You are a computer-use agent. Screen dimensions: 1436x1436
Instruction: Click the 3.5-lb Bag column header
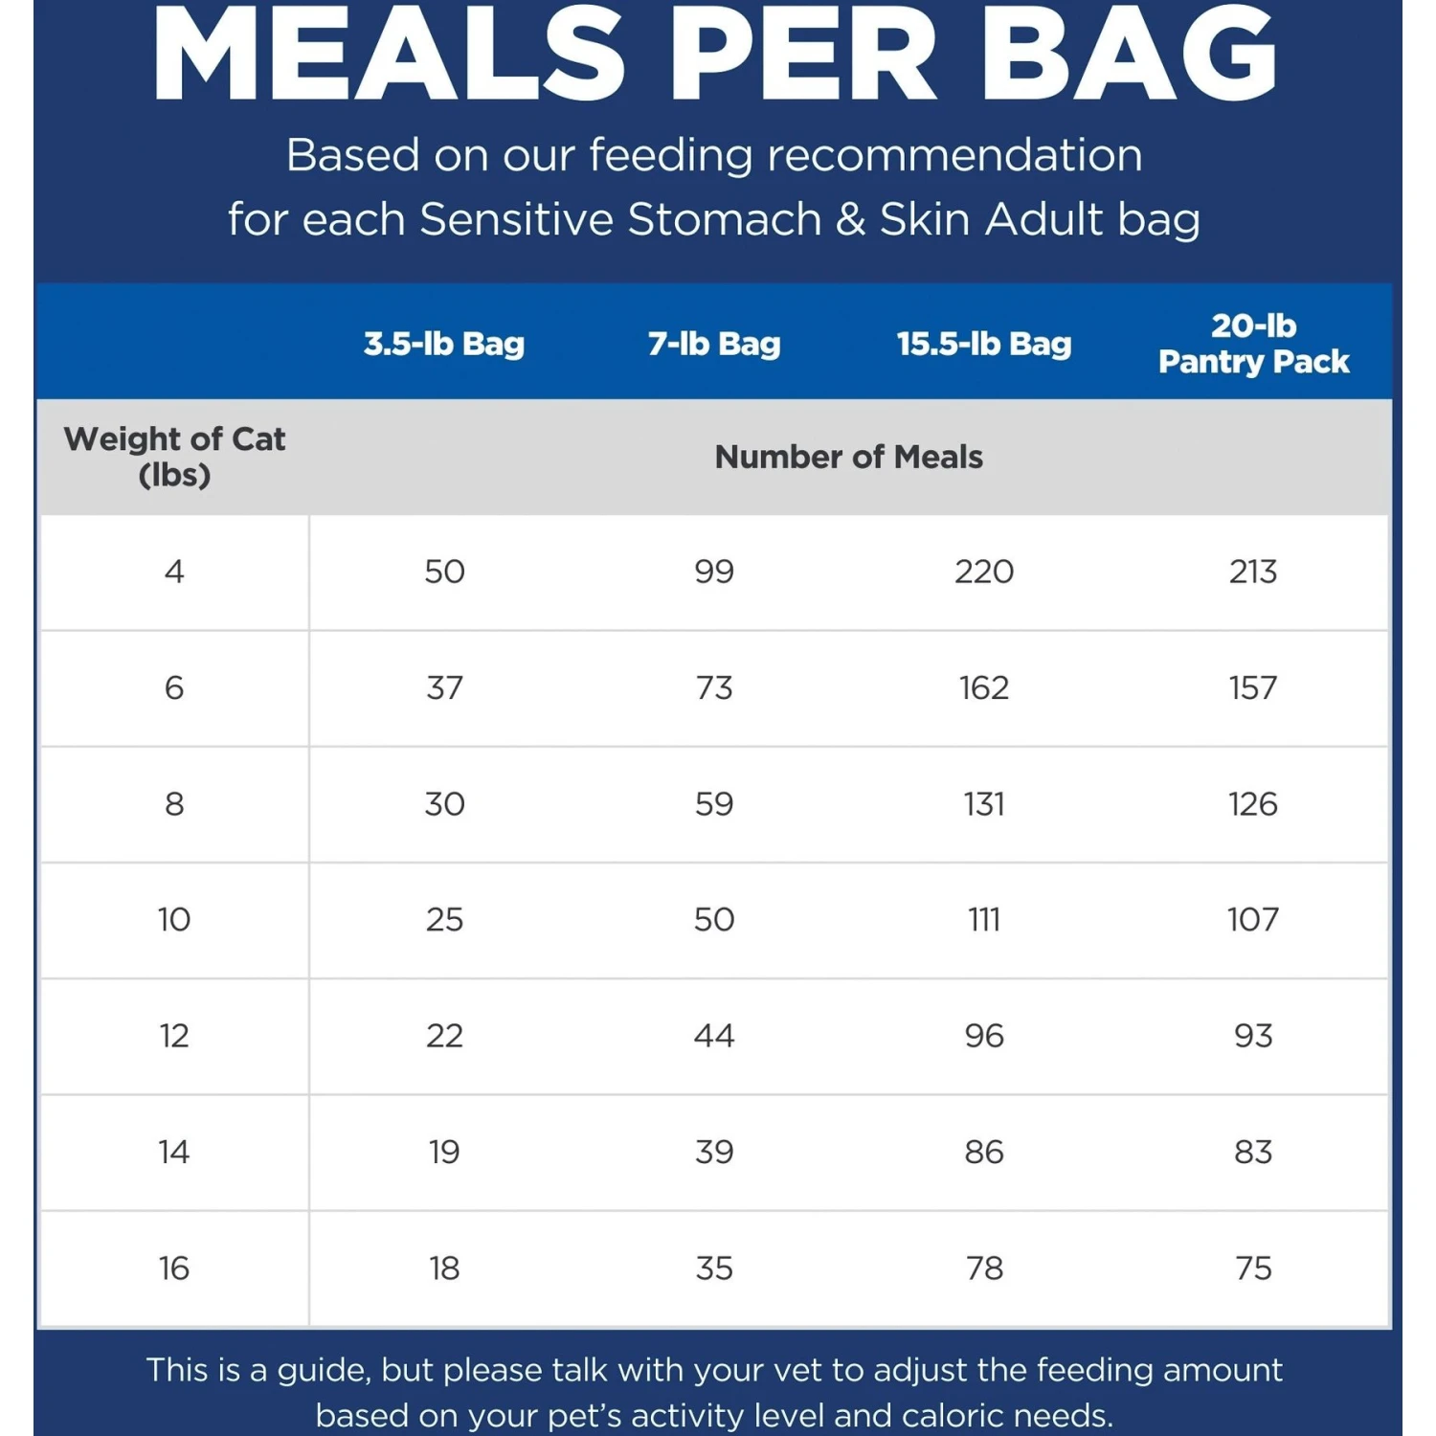coord(444,344)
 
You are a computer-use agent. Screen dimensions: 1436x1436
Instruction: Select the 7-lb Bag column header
coord(714,344)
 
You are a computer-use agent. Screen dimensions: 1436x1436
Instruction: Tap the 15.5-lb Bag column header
coord(984,344)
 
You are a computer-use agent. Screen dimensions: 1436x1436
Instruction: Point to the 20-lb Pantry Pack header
coord(1253,344)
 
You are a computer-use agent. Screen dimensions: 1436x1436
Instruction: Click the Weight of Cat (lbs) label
coord(174,457)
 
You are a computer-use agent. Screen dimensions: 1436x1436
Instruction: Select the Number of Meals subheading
coord(848,457)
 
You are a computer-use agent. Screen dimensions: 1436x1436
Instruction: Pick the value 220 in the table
coord(984,572)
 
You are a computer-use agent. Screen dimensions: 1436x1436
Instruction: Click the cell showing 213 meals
coord(1253,572)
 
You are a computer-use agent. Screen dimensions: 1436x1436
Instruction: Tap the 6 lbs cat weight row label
coord(174,687)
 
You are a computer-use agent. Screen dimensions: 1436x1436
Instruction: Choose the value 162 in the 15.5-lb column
coord(984,687)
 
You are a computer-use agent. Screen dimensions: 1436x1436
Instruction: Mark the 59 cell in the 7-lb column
coord(714,803)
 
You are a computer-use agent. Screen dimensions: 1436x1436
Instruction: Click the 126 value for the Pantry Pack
coord(1253,803)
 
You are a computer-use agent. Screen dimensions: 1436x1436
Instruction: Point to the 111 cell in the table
coord(984,919)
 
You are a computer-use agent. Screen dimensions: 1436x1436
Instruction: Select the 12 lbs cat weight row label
coord(174,1035)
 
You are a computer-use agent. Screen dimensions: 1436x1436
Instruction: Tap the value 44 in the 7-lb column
coord(714,1035)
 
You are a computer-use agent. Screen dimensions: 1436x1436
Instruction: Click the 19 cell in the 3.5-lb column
coord(444,1151)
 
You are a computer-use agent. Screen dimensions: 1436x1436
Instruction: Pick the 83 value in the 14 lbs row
coord(1253,1151)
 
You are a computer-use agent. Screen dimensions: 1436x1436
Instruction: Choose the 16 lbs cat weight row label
coord(174,1268)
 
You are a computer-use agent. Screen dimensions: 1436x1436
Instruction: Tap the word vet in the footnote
coord(795,1370)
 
